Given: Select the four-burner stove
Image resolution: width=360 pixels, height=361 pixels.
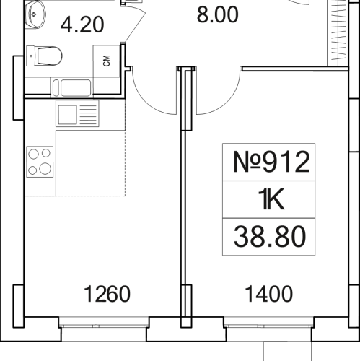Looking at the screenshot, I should click(x=40, y=161).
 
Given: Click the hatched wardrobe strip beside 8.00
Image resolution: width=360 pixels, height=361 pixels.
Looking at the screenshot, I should click(x=334, y=32).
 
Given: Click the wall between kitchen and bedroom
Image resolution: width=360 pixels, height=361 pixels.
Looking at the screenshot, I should click(x=185, y=217).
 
